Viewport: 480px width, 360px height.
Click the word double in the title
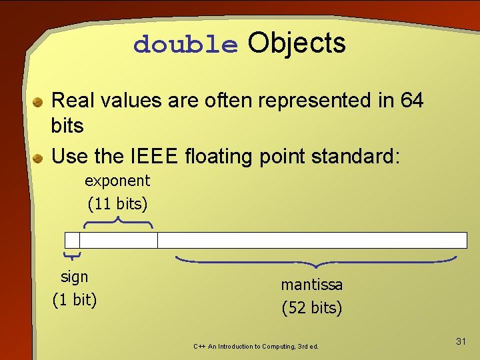click(x=185, y=45)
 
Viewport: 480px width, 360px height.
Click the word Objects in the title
click(x=297, y=43)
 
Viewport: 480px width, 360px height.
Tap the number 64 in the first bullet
click(x=412, y=101)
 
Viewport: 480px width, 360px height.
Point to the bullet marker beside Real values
click(x=39, y=102)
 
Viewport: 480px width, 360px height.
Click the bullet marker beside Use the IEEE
click(x=39, y=158)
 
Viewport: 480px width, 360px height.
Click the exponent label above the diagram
click(x=117, y=181)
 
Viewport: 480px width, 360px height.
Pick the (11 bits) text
click(x=117, y=203)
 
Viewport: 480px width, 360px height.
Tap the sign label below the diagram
click(x=74, y=277)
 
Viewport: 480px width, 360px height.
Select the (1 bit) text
click(x=75, y=300)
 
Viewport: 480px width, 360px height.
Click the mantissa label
click(x=311, y=285)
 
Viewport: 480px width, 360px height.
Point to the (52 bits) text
click(x=311, y=308)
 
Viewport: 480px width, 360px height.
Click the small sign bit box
click(x=72, y=240)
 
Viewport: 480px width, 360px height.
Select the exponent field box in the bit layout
click(x=119, y=240)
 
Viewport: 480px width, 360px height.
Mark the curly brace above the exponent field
click(x=119, y=222)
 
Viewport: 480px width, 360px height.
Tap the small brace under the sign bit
click(x=72, y=255)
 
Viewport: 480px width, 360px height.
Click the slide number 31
click(x=461, y=342)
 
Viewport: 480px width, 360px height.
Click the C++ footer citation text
click(x=256, y=347)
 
